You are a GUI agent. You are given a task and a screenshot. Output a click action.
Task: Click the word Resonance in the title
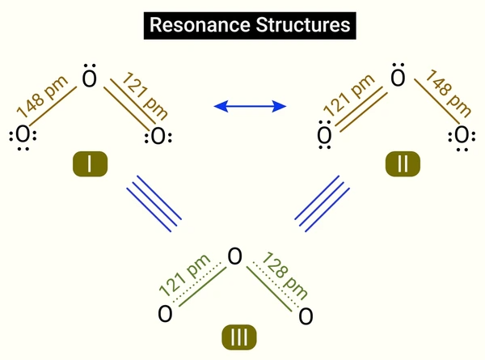pyautogui.click(x=200, y=25)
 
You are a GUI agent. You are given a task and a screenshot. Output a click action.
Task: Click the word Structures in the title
pyautogui.click(x=303, y=25)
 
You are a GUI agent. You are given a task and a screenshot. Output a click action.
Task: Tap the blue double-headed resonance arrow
pyautogui.click(x=250, y=106)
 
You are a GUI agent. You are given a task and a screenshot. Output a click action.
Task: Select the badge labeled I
pyautogui.click(x=90, y=163)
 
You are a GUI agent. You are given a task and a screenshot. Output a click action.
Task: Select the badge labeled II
pyautogui.click(x=403, y=163)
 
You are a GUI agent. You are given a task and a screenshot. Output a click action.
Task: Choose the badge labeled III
pyautogui.click(x=239, y=337)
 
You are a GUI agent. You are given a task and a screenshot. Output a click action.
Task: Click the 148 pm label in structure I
pyautogui.click(x=42, y=96)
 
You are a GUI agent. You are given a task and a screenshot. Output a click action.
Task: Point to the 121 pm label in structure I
pyautogui.click(x=145, y=96)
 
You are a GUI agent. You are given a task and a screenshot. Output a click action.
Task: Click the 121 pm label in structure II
pyautogui.click(x=349, y=95)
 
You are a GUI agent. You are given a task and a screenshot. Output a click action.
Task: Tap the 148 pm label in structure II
pyautogui.click(x=448, y=94)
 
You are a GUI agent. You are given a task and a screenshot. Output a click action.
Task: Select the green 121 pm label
pyautogui.click(x=184, y=275)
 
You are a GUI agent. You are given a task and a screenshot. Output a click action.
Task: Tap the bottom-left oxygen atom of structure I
pyautogui.click(x=23, y=136)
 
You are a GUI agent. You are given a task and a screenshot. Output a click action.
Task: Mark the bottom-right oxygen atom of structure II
pyautogui.click(x=462, y=137)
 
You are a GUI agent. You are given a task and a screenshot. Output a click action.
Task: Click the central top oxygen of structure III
pyautogui.click(x=234, y=256)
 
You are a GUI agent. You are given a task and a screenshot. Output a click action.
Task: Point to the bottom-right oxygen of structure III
pyautogui.click(x=306, y=316)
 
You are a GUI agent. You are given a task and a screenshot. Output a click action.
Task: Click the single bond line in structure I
pyautogui.click(x=53, y=106)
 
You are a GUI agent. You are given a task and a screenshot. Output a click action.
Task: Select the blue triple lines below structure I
pyautogui.click(x=154, y=204)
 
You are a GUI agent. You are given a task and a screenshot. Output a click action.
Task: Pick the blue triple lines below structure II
pyautogui.click(x=322, y=204)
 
